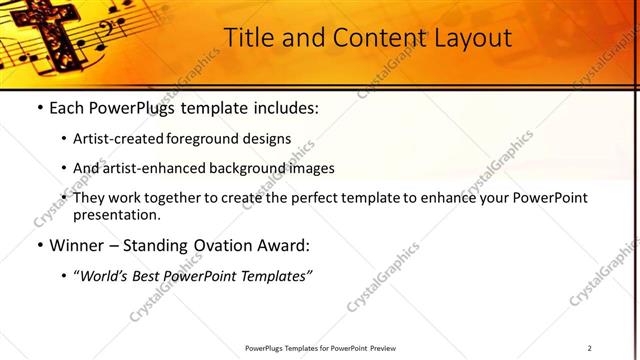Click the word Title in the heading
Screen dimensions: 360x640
click(248, 38)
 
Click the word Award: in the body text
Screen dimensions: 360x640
click(286, 245)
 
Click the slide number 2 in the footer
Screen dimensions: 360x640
click(590, 347)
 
